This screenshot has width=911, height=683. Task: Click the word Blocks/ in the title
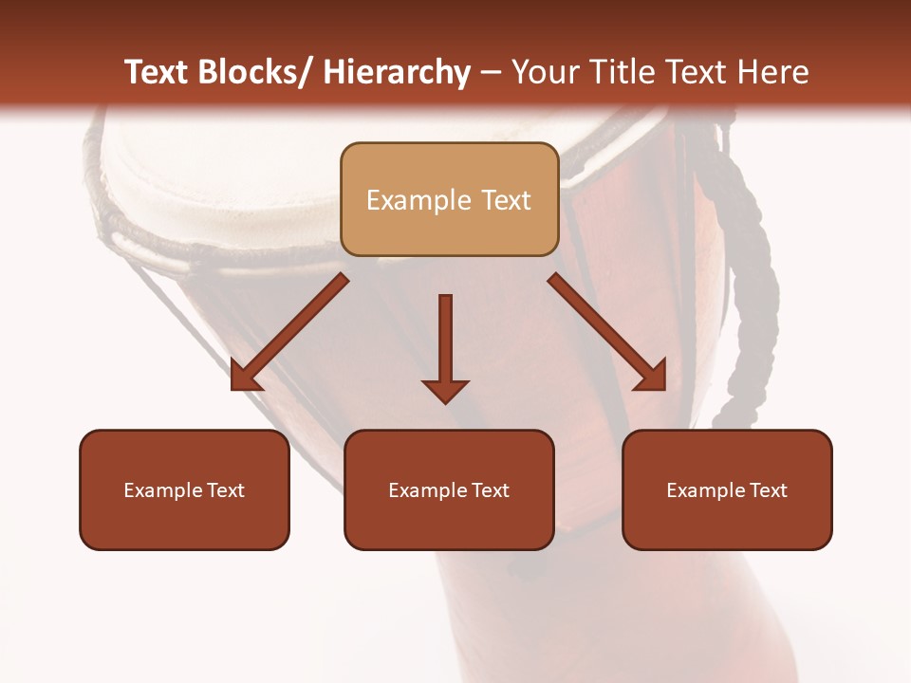254,73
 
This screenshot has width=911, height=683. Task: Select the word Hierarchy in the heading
397,73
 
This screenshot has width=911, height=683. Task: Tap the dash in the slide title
491,73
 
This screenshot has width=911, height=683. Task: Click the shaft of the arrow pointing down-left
299,323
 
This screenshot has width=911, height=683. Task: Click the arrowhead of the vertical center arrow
445,390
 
